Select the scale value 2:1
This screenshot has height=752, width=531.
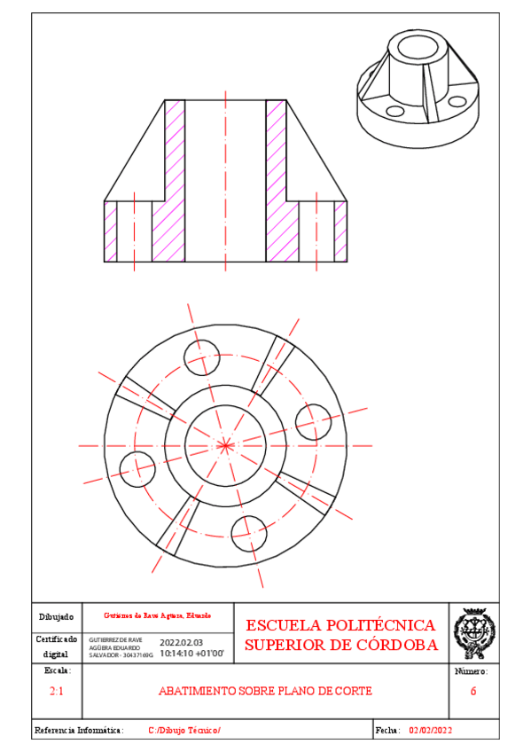tap(56, 691)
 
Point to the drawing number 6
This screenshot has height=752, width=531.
tap(473, 691)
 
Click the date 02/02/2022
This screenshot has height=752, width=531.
tap(431, 730)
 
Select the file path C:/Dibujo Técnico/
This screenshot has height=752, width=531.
tap(184, 730)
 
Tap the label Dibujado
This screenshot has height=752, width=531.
tap(56, 616)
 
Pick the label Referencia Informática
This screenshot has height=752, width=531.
tap(78, 730)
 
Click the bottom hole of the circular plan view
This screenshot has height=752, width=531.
tap(248, 531)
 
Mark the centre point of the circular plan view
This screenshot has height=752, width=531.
tap(224, 443)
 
